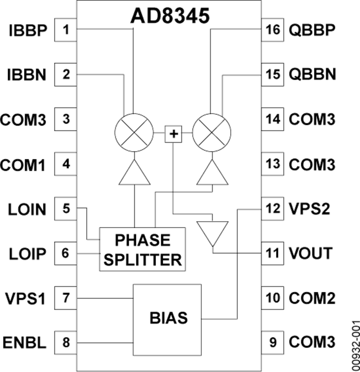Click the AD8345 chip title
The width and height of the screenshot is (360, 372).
pos(170,16)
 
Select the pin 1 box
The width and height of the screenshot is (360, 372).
pos(66,30)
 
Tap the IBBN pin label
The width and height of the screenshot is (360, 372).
pos(27,75)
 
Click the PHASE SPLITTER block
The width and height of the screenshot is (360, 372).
pos(142,249)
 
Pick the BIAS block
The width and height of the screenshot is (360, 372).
pos(167,320)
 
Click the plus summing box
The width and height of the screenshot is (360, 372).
pos(174,134)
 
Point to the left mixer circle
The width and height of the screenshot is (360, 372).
pos(134,133)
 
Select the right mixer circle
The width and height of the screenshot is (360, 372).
pos(212,133)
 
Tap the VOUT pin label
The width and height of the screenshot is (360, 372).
pos(311,253)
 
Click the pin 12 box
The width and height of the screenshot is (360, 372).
pos(272,209)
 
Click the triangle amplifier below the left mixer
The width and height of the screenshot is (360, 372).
pos(134,172)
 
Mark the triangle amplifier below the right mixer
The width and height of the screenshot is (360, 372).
pos(212,172)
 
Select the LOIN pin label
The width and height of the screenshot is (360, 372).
pos(27,209)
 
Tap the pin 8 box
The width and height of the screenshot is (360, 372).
pos(66,343)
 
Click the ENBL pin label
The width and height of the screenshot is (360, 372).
pos(24,343)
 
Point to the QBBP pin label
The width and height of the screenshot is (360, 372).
pos(312,30)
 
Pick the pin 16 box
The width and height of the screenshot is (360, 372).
pos(272,30)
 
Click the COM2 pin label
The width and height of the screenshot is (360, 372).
pos(312,298)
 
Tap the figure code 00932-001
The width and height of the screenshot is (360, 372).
pos(356,346)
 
